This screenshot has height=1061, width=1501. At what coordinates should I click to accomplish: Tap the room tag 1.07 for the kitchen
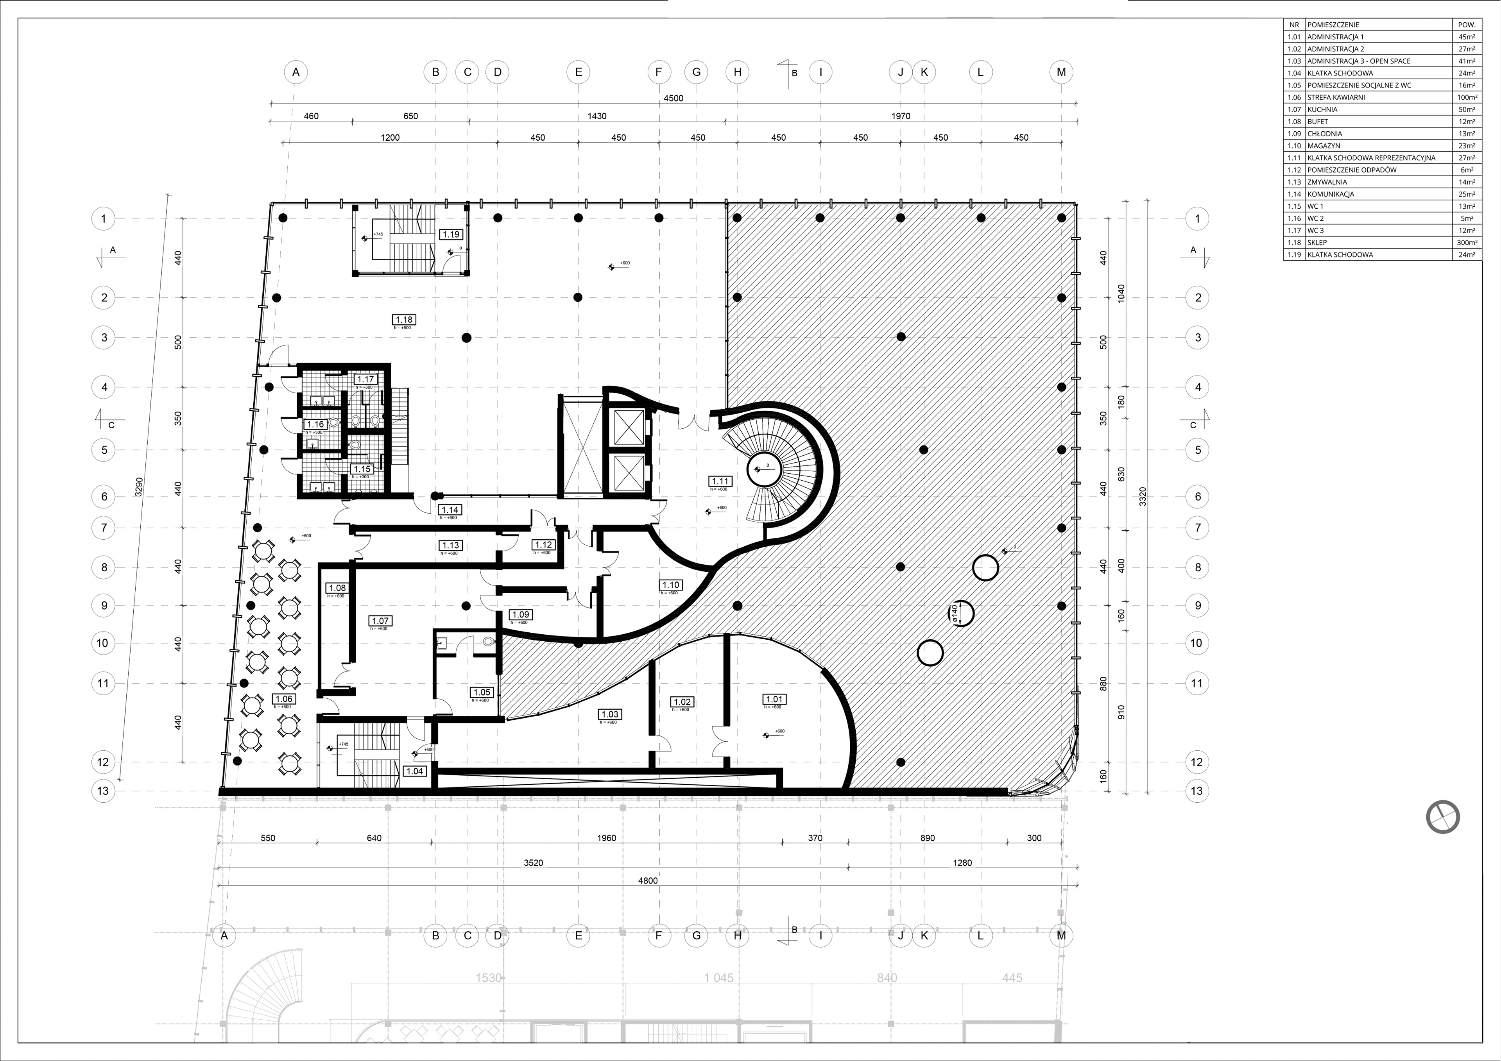[380, 621]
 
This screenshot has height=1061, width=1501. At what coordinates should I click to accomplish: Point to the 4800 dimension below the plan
[647, 880]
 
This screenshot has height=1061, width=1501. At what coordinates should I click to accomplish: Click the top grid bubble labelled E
[578, 72]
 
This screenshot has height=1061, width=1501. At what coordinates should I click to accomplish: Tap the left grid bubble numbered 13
[103, 790]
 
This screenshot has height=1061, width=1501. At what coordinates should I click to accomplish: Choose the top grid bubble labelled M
[1060, 72]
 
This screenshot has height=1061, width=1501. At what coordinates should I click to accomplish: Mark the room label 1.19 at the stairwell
[451, 234]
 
